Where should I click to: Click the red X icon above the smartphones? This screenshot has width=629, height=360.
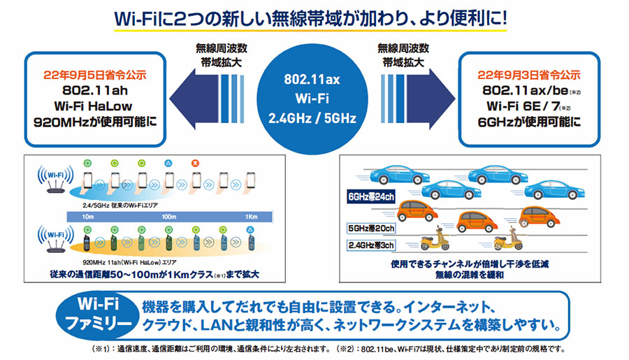tap(196, 163)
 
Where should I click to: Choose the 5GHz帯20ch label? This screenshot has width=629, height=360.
tap(370, 228)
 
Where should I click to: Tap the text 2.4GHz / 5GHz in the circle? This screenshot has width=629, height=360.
tap(314, 119)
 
